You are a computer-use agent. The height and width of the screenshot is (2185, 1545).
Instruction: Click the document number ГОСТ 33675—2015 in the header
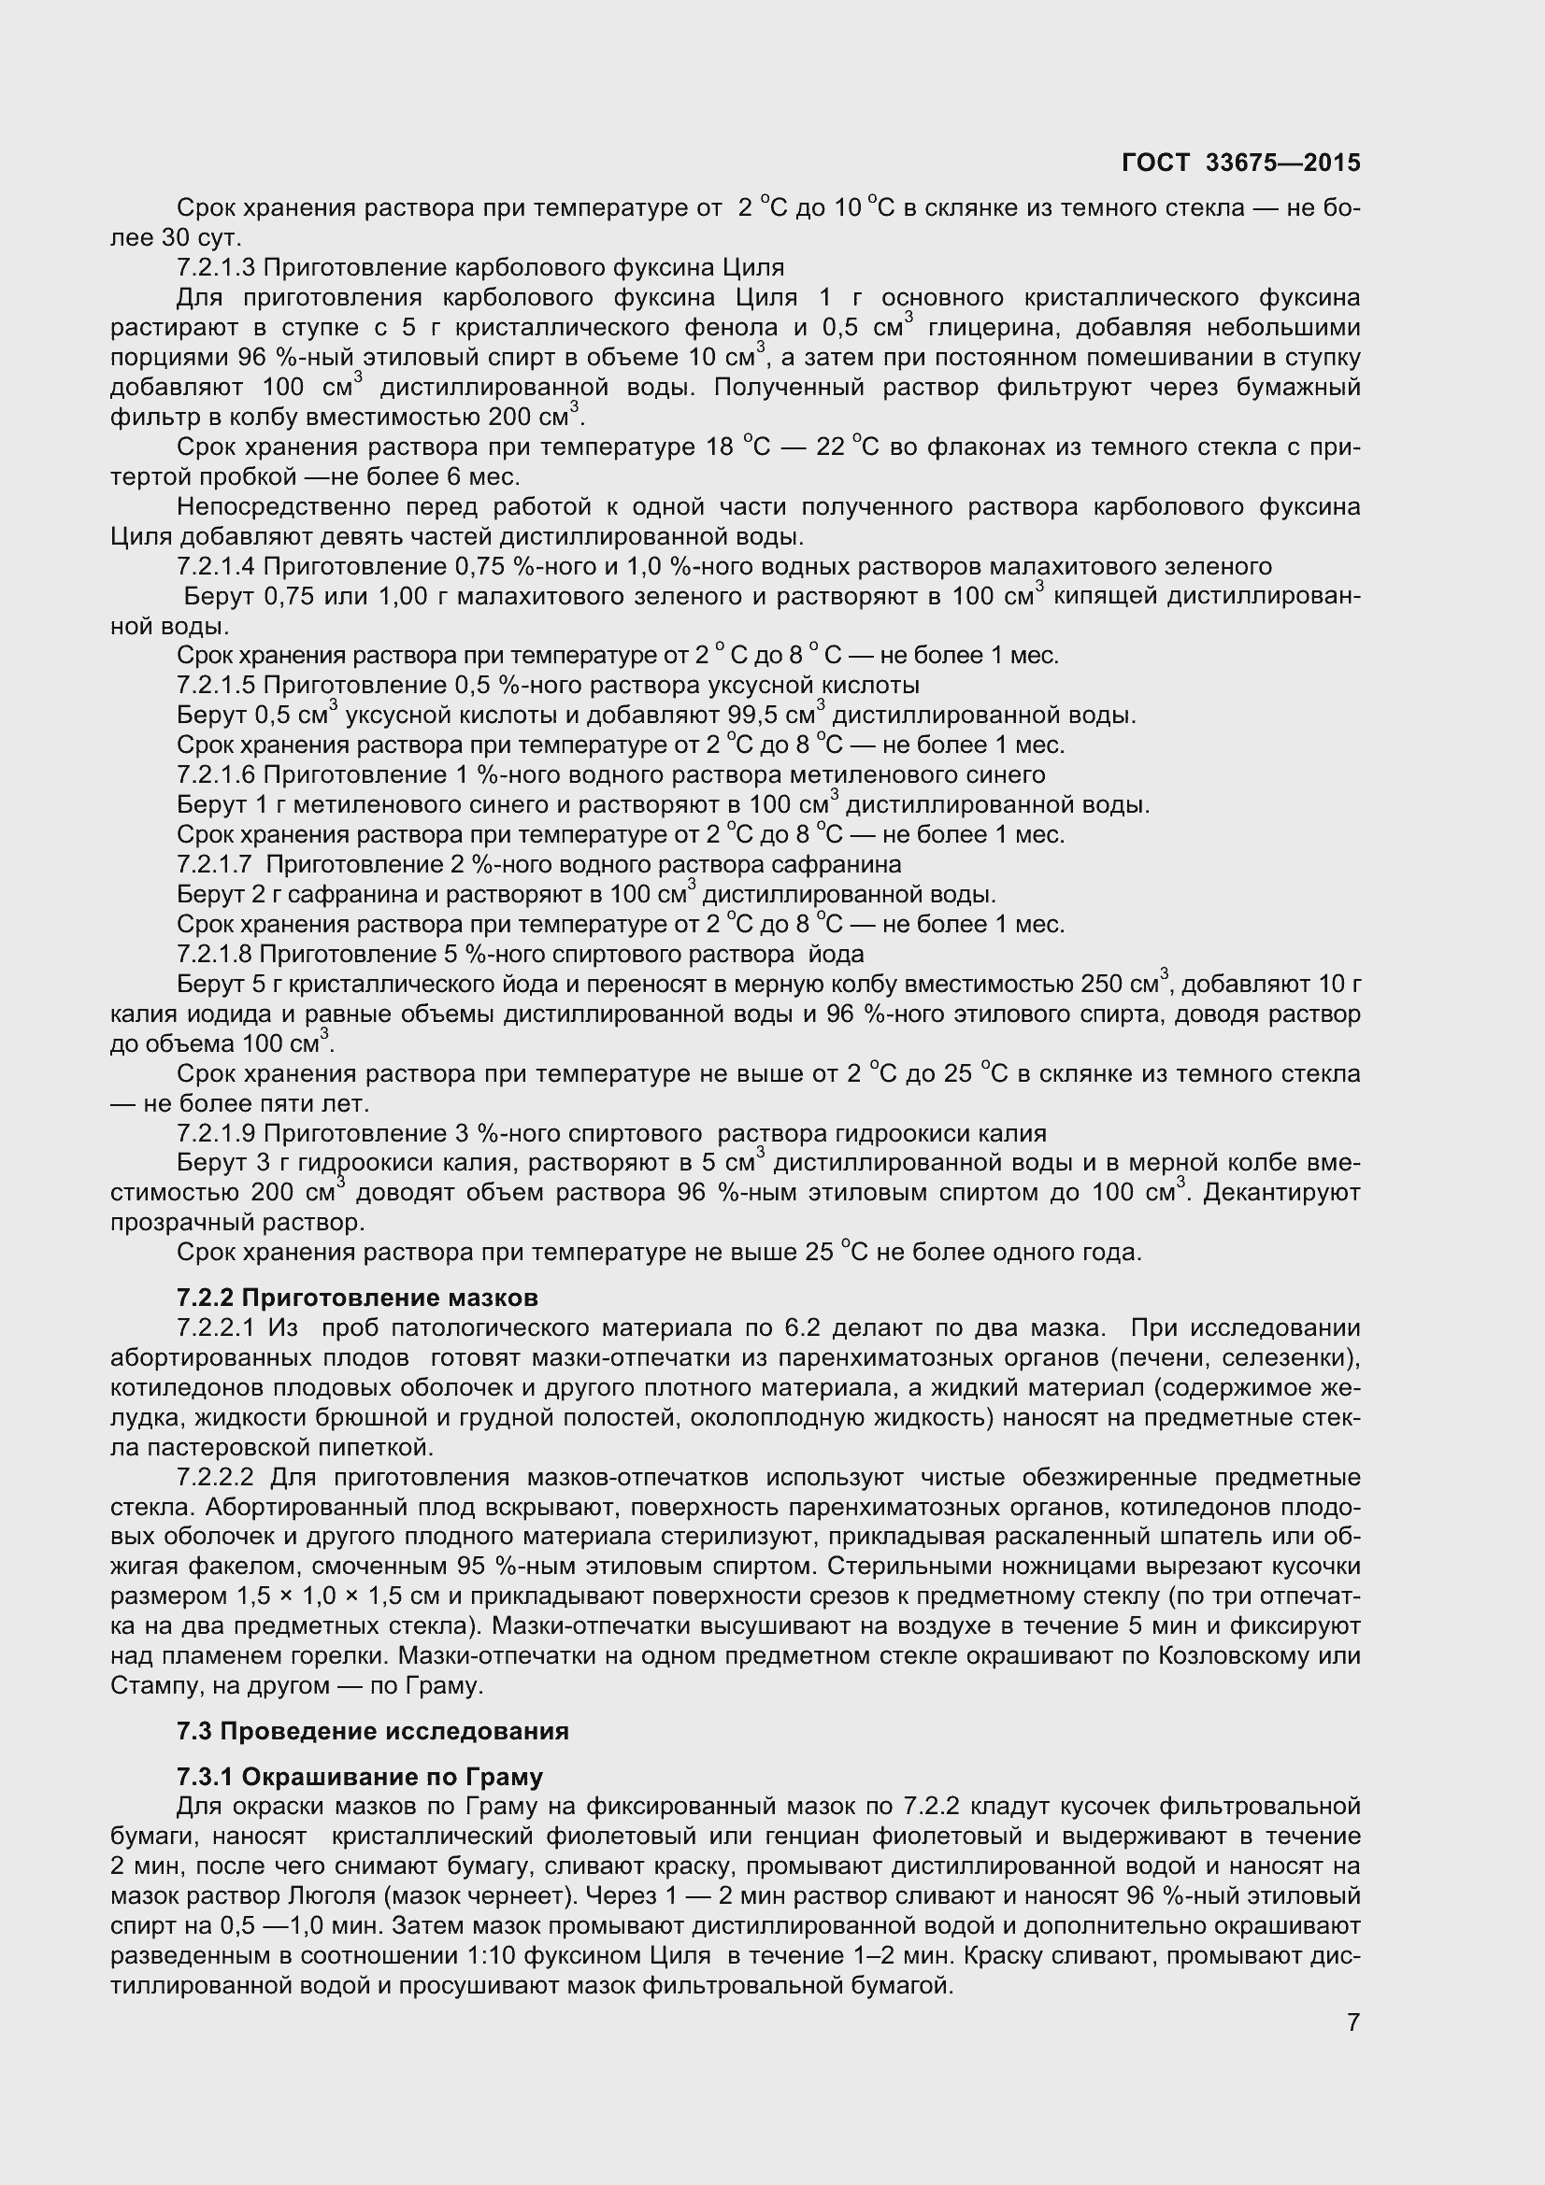click(1240, 163)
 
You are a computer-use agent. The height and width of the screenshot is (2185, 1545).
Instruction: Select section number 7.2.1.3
click(215, 267)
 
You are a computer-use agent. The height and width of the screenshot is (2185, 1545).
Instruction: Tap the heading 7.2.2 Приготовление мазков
click(357, 1298)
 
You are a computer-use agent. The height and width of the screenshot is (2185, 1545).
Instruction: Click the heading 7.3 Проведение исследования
click(372, 1731)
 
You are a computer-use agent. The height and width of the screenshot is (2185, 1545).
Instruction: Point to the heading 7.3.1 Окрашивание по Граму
click(360, 1777)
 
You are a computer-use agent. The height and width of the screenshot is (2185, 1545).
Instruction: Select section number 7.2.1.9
click(216, 1133)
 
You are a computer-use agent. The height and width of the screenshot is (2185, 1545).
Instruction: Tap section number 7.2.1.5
click(216, 685)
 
